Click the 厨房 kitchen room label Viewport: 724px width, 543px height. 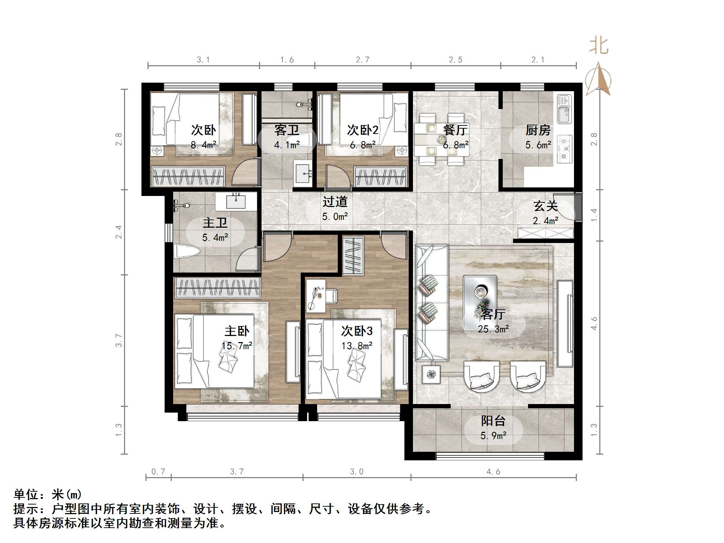point(538,130)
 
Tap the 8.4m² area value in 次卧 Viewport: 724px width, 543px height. point(203,145)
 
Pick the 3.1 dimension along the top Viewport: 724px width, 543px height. point(203,60)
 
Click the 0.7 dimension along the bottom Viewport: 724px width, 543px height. point(158,471)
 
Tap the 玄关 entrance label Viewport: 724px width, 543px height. point(545,206)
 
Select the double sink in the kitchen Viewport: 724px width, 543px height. point(564,109)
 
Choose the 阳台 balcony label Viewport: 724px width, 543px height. point(493,421)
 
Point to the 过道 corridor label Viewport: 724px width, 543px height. point(335,202)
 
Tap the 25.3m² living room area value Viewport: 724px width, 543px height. point(493,329)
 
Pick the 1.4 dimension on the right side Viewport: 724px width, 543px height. point(594,215)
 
